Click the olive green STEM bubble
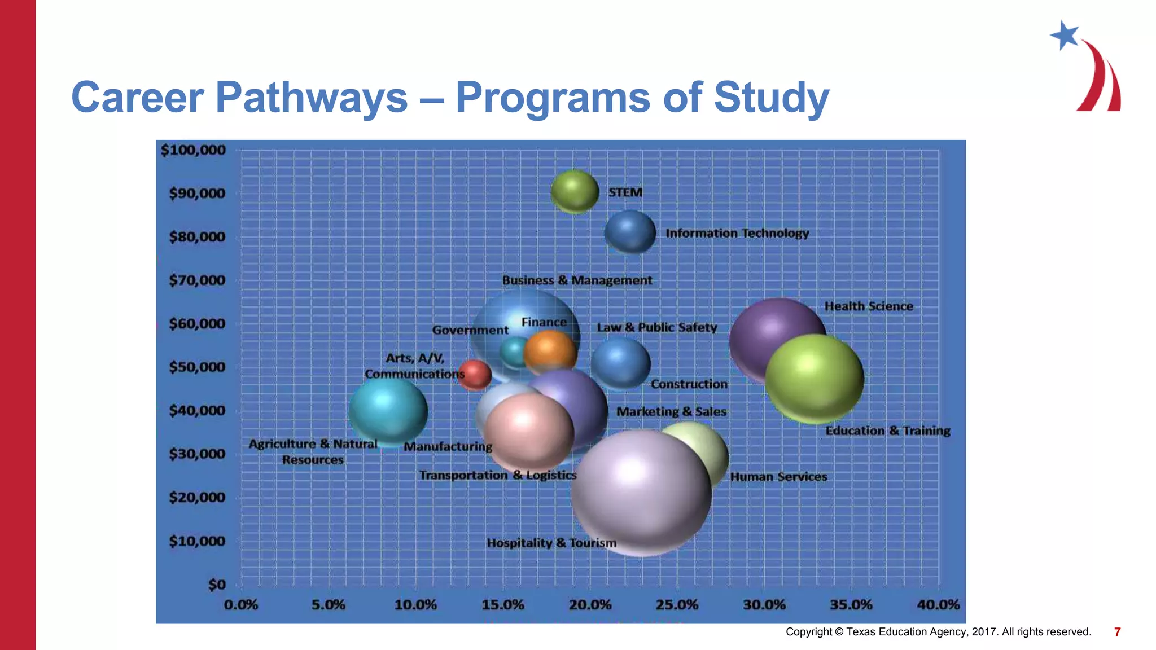click(575, 192)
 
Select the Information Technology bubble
click(630, 232)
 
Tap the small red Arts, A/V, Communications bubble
click(475, 375)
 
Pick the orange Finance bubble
click(550, 352)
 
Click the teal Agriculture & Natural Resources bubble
click(388, 410)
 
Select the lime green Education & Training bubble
click(815, 379)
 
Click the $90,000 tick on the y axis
click(197, 194)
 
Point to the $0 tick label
click(217, 585)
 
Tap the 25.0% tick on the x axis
click(677, 605)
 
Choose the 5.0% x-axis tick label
click(328, 605)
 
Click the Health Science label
click(869, 306)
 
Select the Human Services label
click(778, 477)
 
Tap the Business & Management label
click(577, 280)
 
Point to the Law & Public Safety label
click(657, 327)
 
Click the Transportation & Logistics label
click(498, 475)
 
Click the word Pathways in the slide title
click(311, 98)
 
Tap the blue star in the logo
click(1065, 36)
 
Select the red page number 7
click(1117, 632)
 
